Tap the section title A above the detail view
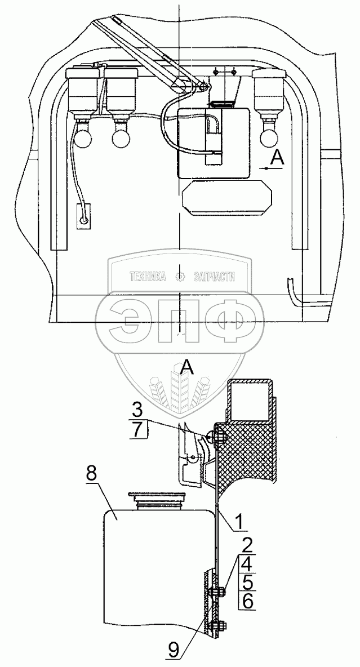point(187,369)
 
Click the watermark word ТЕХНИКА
point(148,277)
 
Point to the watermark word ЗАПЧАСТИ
point(214,277)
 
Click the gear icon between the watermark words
point(180,277)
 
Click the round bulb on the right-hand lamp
point(267,135)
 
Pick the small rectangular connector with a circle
point(83,216)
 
